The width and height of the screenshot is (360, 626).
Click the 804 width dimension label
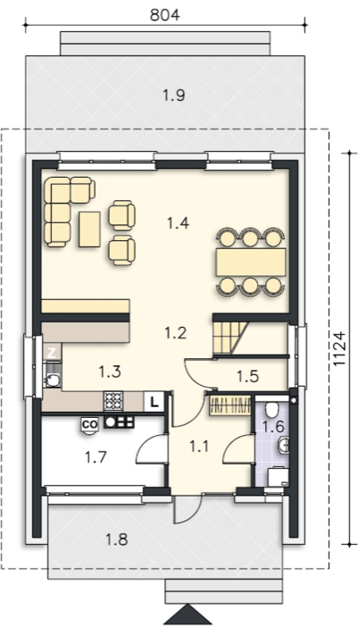pyautogui.click(x=165, y=15)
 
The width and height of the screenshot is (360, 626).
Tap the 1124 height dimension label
pyautogui.click(x=338, y=348)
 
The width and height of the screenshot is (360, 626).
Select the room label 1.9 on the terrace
pyautogui.click(x=174, y=95)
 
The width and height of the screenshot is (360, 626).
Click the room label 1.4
pyautogui.click(x=178, y=223)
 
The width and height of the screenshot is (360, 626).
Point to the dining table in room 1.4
pyautogui.click(x=251, y=262)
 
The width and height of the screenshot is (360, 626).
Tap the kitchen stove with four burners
pyautogui.click(x=113, y=401)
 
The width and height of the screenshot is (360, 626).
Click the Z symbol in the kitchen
pyautogui.click(x=52, y=352)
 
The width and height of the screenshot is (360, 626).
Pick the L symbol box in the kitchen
pyautogui.click(x=154, y=402)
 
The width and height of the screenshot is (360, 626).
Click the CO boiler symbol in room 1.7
pyautogui.click(x=90, y=426)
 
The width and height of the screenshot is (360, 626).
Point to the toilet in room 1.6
pyautogui.click(x=272, y=409)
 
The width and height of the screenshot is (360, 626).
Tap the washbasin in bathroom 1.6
pyautogui.click(x=283, y=444)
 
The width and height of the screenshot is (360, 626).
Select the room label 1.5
pyautogui.click(x=248, y=376)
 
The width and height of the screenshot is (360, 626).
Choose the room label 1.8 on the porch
pyautogui.click(x=117, y=540)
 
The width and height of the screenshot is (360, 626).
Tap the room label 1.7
pyautogui.click(x=96, y=457)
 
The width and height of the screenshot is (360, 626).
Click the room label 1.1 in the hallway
pyautogui.click(x=199, y=446)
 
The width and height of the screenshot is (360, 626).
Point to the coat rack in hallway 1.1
pyautogui.click(x=231, y=406)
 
